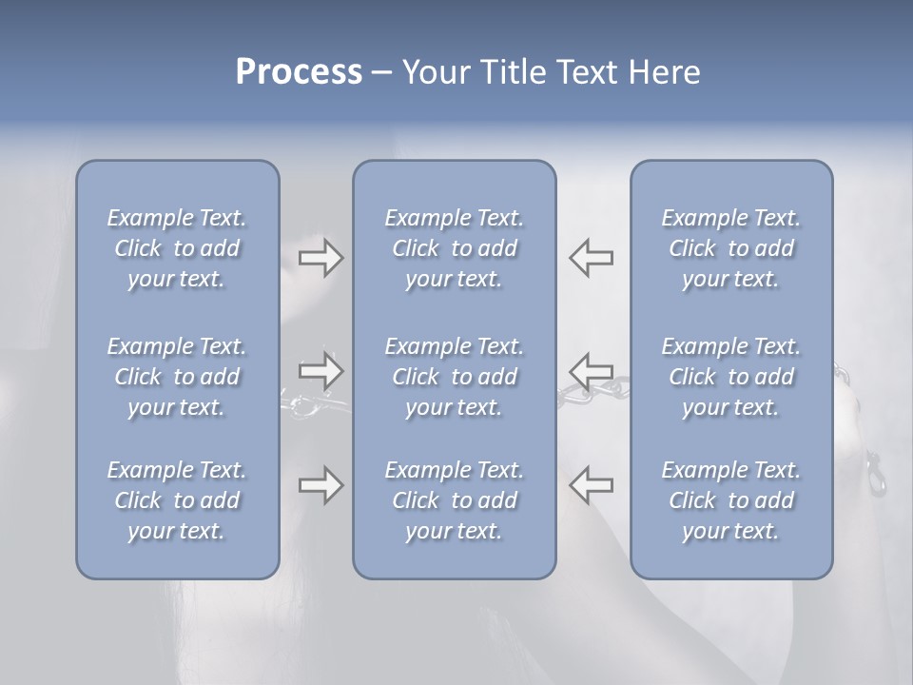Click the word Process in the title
(x=299, y=72)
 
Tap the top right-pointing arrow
(x=321, y=258)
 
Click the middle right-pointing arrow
(x=321, y=369)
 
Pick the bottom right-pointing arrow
(x=321, y=485)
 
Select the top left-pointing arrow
(x=591, y=258)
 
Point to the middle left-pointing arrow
(x=591, y=369)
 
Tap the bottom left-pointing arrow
(x=591, y=485)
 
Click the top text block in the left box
(x=177, y=248)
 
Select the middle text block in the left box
(x=177, y=377)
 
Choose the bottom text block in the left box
(x=177, y=500)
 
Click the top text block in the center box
(x=454, y=248)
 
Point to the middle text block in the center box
(x=454, y=377)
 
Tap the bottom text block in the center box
(x=454, y=500)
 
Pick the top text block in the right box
(x=730, y=248)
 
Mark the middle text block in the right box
(x=730, y=377)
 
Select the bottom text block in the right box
(x=730, y=500)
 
